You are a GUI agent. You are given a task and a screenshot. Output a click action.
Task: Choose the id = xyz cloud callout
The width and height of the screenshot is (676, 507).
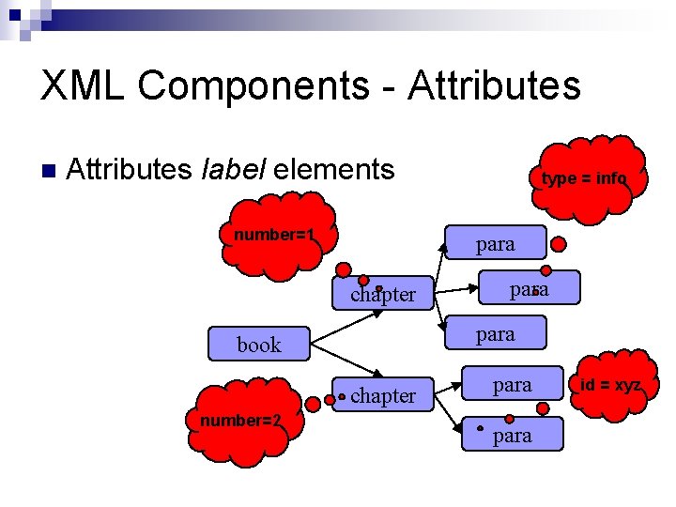coord(609,386)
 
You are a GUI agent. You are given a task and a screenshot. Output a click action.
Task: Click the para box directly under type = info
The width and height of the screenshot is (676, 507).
coord(495,244)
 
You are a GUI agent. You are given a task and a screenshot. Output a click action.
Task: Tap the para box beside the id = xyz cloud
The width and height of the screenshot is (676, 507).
coord(512,385)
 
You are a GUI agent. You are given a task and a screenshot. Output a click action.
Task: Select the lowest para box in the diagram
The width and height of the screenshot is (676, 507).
coord(513,435)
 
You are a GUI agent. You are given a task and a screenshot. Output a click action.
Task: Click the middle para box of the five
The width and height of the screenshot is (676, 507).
coord(495,334)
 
